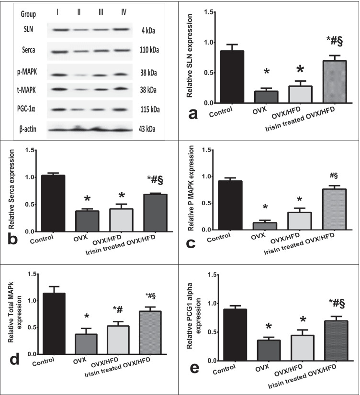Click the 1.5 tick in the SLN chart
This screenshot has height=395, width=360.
pos(205,11)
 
